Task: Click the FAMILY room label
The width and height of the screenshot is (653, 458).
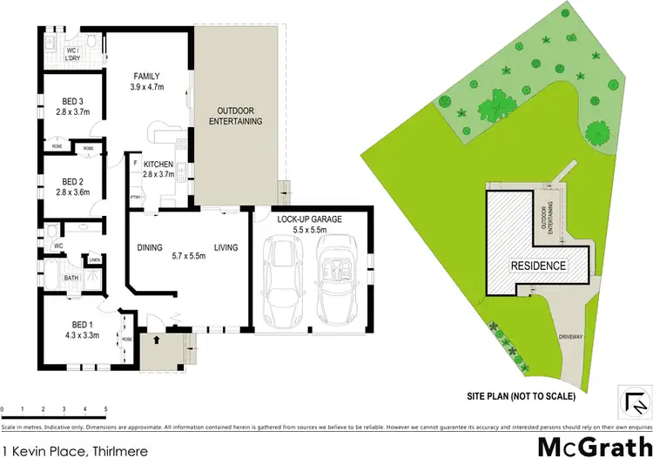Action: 145,76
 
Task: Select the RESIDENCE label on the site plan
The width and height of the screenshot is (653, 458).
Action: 538,266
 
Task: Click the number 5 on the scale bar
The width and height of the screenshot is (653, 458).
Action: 105,407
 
